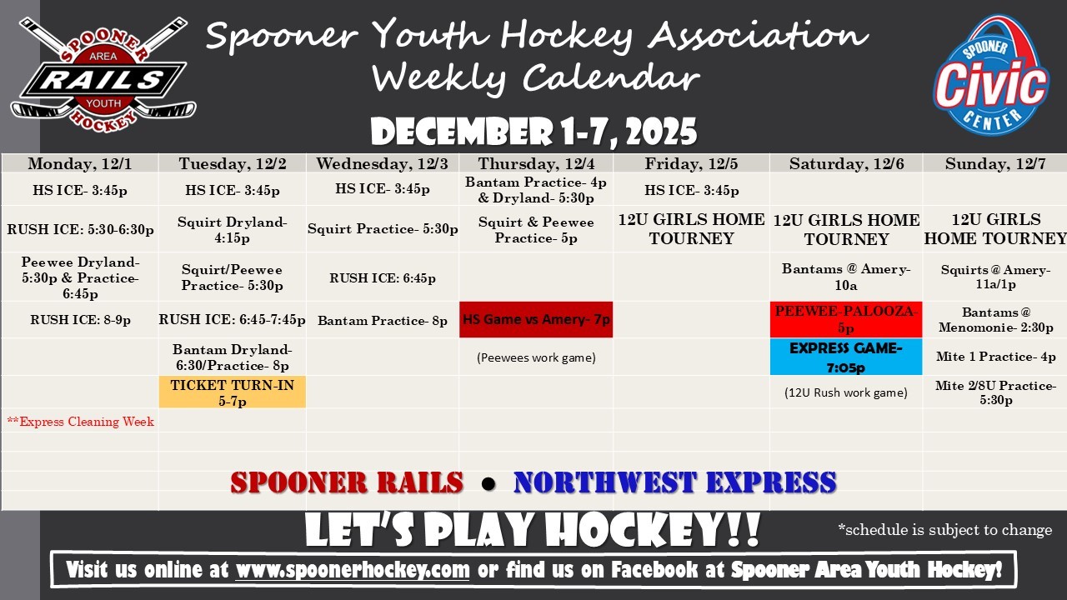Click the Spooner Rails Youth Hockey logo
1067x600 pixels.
pos(103,75)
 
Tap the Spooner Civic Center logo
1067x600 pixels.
pos(991,75)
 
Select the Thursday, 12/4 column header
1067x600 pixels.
pos(536,163)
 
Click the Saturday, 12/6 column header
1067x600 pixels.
pos(846,163)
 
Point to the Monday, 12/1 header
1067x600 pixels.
pos(79,163)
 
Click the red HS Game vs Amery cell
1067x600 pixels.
pos(536,319)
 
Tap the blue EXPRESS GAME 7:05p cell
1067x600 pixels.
pos(846,357)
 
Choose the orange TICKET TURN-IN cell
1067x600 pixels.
pos(233,392)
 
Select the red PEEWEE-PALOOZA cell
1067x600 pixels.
pos(846,319)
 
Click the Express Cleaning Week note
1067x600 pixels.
pos(81,422)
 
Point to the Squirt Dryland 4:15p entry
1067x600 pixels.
pos(233,229)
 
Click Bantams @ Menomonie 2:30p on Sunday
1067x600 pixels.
pos(995,319)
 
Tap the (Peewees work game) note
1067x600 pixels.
pos(536,357)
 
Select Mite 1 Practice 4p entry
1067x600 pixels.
pos(995,357)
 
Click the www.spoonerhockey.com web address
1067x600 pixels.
pos(353,570)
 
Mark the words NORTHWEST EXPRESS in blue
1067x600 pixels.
pos(675,482)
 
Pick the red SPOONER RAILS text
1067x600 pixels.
pos(347,482)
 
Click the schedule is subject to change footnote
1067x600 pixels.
pos(945,529)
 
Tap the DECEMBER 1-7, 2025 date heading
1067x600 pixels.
pos(533,132)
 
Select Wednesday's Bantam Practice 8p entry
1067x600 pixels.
pos(383,321)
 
